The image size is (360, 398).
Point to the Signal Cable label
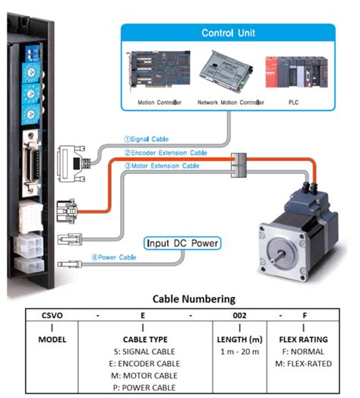pos(149,140)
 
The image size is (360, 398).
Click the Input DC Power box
pos(182,244)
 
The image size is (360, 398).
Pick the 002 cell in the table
pos(240,314)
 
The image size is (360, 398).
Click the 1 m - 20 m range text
pos(240,351)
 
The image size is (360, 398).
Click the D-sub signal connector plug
pos(73,156)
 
